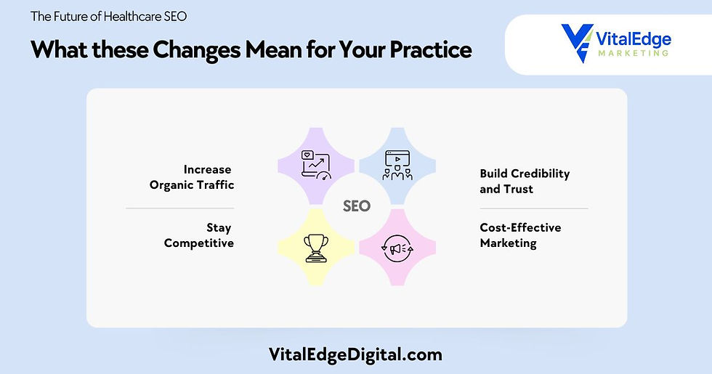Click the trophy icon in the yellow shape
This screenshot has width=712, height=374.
[x=315, y=247]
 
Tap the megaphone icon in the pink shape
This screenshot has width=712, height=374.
[x=397, y=248]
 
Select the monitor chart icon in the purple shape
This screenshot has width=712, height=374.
[x=315, y=164]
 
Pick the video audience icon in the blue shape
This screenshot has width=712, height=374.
[x=397, y=164]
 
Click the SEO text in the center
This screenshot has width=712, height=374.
[x=356, y=206]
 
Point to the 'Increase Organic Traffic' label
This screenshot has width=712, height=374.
[x=192, y=177]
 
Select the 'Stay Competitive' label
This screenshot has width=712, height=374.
[x=199, y=236]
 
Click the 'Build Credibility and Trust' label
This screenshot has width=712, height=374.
[x=525, y=182]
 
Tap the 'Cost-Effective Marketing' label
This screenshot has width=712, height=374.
[x=520, y=235]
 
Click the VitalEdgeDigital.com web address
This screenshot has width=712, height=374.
[x=356, y=354]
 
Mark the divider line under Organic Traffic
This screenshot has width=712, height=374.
[x=179, y=208]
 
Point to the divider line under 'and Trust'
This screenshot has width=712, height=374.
[x=534, y=208]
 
